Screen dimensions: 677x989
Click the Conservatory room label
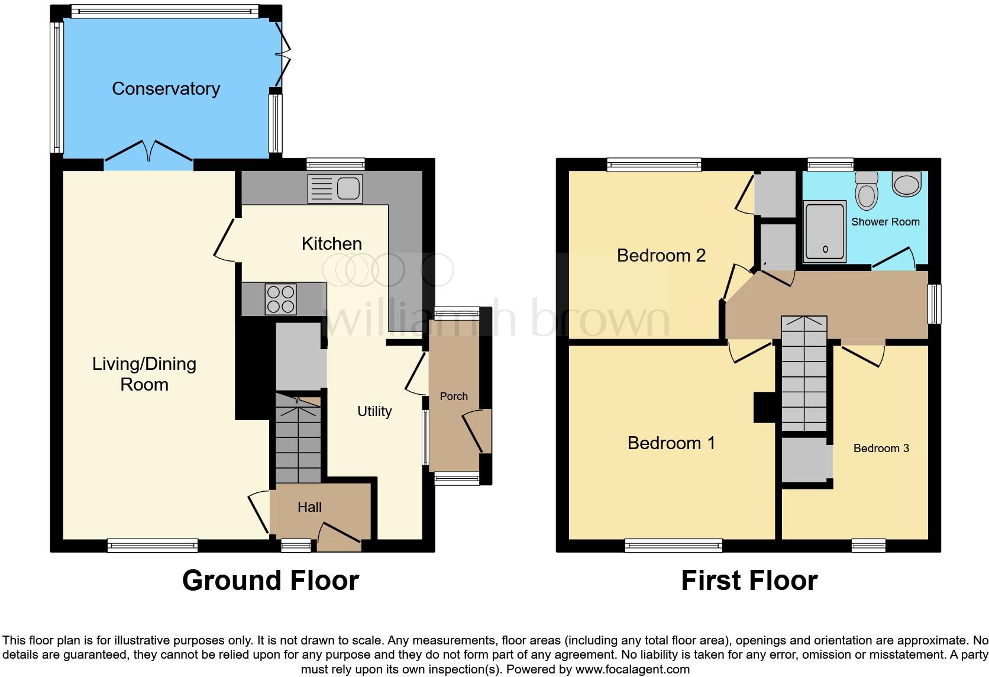[x=166, y=89]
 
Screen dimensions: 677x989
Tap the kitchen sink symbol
[x=335, y=189]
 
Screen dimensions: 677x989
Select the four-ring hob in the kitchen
[x=280, y=299]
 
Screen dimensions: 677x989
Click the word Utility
[x=374, y=411]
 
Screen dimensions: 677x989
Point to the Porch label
[x=454, y=396]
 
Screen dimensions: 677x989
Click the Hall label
[x=309, y=507]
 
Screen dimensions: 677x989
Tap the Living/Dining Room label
[x=144, y=374]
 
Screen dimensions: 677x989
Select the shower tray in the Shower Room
[x=825, y=231]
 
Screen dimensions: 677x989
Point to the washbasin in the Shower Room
[x=907, y=184]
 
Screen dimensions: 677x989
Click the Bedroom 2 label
[x=661, y=256]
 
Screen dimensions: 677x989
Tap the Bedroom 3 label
[x=881, y=449]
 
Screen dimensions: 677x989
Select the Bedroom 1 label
[x=671, y=443]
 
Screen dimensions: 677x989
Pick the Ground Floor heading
[x=270, y=581]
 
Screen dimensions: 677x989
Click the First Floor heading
[x=749, y=581]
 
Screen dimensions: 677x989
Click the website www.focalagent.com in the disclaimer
[x=632, y=670]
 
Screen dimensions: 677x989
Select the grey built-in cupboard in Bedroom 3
[x=804, y=460]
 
